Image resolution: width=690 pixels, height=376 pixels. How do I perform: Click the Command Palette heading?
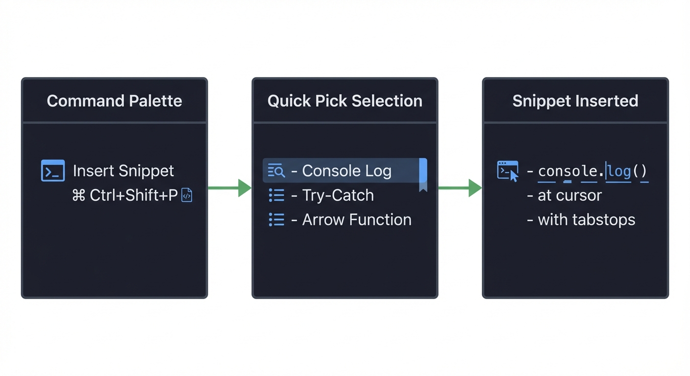coord(114,101)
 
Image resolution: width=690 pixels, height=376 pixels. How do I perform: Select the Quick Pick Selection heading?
coord(345,101)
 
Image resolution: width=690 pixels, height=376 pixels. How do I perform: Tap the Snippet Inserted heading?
coord(575,101)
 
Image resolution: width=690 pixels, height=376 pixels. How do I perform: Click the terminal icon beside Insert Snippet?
coord(53,171)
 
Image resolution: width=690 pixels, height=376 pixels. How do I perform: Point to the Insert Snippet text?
coord(123,171)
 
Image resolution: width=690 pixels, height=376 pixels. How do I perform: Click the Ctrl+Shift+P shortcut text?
coord(134,195)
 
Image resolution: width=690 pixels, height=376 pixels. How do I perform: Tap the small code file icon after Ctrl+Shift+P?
coord(187,195)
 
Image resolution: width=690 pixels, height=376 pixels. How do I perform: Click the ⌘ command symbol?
coord(79,195)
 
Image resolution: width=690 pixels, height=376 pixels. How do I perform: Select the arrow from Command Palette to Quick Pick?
coord(229,188)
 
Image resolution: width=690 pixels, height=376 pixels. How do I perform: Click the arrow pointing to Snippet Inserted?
coord(460,188)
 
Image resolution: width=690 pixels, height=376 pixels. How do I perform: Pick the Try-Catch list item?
coord(338,195)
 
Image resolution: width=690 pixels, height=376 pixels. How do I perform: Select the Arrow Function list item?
coord(356,220)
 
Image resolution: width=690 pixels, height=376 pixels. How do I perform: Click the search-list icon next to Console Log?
coord(276,171)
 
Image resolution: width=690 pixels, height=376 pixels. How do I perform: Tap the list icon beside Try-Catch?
coord(276,195)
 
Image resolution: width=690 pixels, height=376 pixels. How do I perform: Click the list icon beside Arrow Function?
coord(276,220)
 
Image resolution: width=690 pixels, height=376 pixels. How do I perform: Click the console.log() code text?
coord(592,171)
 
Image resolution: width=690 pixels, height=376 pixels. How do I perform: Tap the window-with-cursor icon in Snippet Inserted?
coord(508,171)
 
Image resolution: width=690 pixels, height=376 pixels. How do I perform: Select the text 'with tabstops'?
coord(586,220)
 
